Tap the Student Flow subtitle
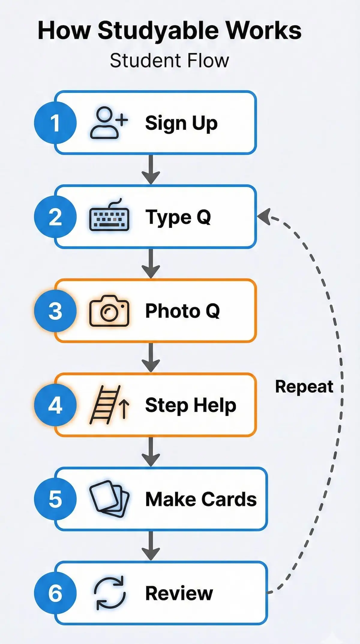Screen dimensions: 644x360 [169, 61]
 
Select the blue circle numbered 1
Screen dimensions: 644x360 [55, 123]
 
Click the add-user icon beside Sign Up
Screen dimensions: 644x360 [109, 123]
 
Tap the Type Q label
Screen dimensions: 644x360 [178, 217]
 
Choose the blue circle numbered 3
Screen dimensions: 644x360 [55, 311]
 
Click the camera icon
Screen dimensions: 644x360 [109, 311]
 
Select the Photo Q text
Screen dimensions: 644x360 [182, 311]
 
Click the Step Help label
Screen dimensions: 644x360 [190, 405]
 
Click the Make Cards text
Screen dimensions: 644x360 [201, 499]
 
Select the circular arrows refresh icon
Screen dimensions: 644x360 [109, 593]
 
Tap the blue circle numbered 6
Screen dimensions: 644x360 [55, 593]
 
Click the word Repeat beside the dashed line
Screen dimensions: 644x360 [304, 387]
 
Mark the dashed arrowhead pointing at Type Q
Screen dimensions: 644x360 [264, 216]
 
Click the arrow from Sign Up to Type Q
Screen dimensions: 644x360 [151, 169]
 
